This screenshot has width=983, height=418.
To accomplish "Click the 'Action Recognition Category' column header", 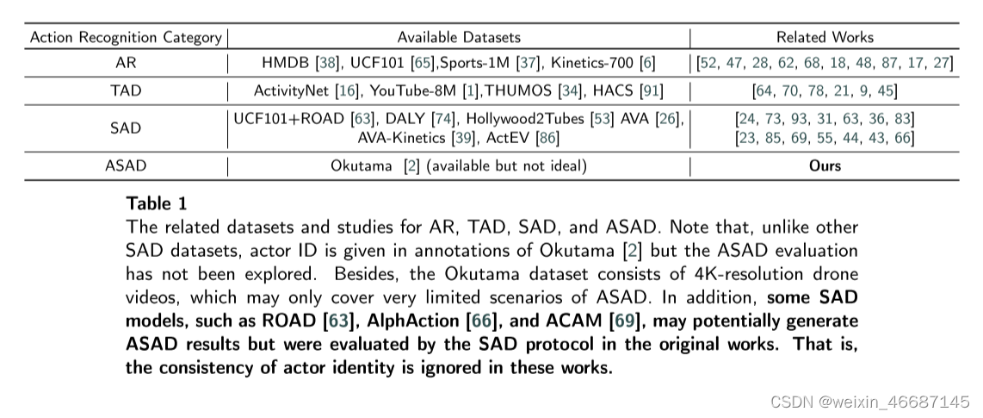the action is [x=126, y=37].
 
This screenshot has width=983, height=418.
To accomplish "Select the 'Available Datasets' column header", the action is [x=459, y=37].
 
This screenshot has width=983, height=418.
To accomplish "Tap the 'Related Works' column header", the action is [x=825, y=37].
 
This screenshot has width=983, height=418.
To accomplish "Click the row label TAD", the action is [x=126, y=90].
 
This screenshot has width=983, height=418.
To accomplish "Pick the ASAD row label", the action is [x=126, y=165].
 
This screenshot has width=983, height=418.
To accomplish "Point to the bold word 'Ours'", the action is [x=825, y=165].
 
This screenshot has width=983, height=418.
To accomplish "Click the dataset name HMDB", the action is [x=282, y=64].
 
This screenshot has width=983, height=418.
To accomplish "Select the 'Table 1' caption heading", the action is [x=155, y=203].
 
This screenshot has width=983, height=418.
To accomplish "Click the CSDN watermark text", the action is [x=869, y=402].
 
